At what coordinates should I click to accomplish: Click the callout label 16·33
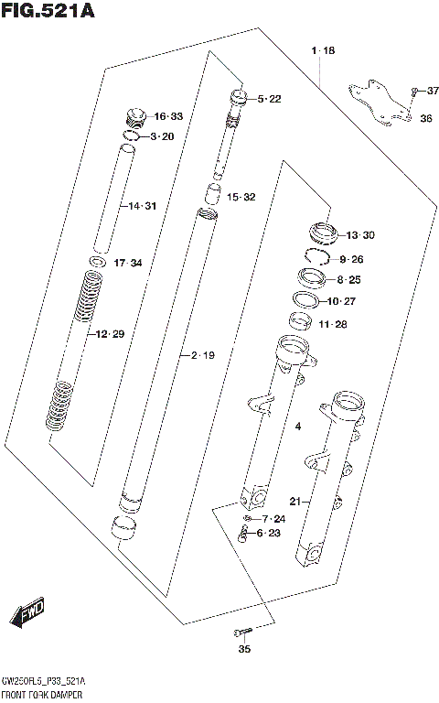(x=168, y=116)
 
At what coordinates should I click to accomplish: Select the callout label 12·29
(x=109, y=334)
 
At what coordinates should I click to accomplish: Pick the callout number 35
(x=243, y=650)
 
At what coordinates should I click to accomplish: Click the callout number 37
(x=433, y=90)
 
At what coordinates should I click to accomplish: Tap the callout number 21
(x=294, y=501)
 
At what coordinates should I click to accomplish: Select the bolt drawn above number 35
(x=241, y=633)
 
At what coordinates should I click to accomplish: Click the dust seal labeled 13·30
(x=321, y=233)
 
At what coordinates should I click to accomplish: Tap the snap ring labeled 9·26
(x=316, y=259)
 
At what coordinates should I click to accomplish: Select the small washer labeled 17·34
(x=96, y=264)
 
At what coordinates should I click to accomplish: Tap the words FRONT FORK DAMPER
(x=45, y=697)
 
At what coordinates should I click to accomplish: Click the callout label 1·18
(x=322, y=49)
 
